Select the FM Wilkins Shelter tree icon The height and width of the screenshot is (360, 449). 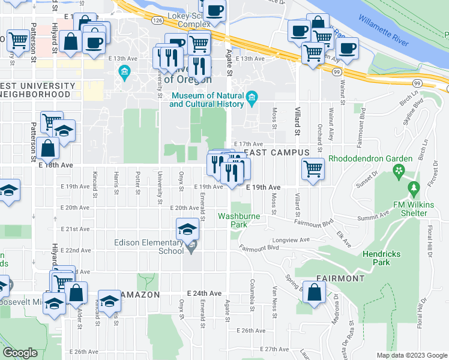pos(414,189)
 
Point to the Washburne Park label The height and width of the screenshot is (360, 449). pos(234,220)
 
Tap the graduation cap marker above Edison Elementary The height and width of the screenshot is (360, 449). pos(187,229)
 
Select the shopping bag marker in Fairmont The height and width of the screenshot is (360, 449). pos(315,293)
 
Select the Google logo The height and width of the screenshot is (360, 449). pos(20,352)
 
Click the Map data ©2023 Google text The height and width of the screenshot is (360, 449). pos(411,355)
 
